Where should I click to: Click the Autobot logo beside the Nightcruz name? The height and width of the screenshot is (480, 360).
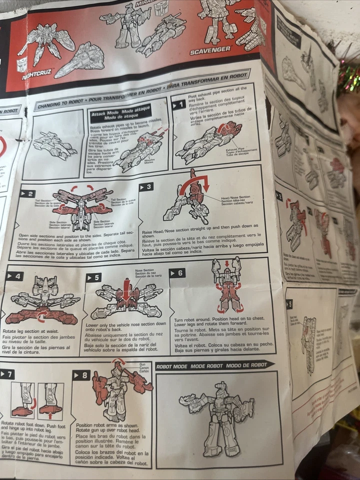click(x=22, y=64)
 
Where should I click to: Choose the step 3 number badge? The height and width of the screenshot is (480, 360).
click(x=146, y=186)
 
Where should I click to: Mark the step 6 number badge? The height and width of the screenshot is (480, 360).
click(x=177, y=273)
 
